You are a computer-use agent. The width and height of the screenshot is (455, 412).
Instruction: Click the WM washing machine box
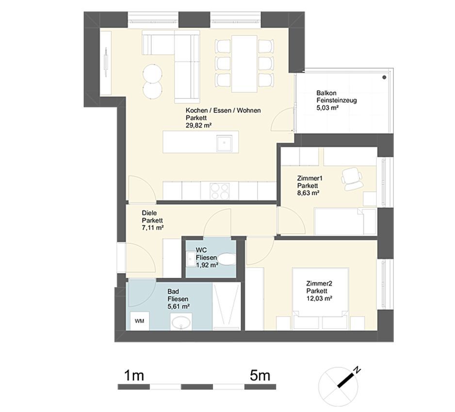pyautogui.click(x=140, y=321)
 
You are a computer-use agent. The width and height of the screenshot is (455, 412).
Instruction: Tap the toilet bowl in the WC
pyautogui.click(x=227, y=259)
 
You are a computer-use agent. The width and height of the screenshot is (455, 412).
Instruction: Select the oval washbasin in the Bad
pyautogui.click(x=181, y=322)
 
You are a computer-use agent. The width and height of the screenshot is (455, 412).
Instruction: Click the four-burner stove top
pyautogui.click(x=220, y=191)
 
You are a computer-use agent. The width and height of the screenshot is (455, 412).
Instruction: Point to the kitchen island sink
pyautogui.click(x=224, y=143)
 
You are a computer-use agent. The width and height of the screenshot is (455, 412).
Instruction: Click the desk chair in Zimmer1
pyautogui.click(x=352, y=178)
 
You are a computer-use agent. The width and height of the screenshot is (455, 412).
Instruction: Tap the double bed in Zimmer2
pyautogui.click(x=321, y=299)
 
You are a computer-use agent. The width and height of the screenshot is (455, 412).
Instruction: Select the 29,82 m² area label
pyautogui.click(x=198, y=126)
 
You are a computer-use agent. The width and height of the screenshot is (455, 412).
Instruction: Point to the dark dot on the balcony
pyautogui.click(x=385, y=78)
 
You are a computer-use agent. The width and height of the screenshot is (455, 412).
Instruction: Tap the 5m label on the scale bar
pyautogui.click(x=260, y=376)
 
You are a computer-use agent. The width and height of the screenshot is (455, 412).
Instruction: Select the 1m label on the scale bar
pyautogui.click(x=134, y=376)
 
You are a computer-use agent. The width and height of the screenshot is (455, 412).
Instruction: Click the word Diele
pyautogui.click(x=149, y=213)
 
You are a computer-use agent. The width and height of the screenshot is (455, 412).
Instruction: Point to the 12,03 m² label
pyautogui.click(x=319, y=299)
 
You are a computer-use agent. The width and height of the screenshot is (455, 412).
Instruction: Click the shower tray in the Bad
pyautogui.click(x=227, y=306)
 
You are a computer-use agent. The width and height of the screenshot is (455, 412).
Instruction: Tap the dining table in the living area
pyautogui.click(x=244, y=63)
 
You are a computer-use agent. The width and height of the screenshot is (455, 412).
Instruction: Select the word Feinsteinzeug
pyautogui.click(x=337, y=101)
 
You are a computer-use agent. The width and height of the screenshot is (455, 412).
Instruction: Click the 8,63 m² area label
pyautogui.click(x=308, y=193)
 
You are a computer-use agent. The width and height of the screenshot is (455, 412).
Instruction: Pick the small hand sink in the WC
pyautogui.click(x=191, y=259)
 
